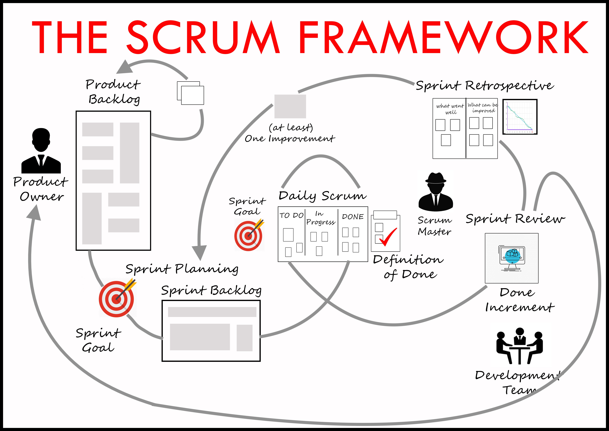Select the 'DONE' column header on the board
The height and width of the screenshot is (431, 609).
pyautogui.click(x=353, y=217)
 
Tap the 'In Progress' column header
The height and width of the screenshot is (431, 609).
pyautogui.click(x=320, y=218)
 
